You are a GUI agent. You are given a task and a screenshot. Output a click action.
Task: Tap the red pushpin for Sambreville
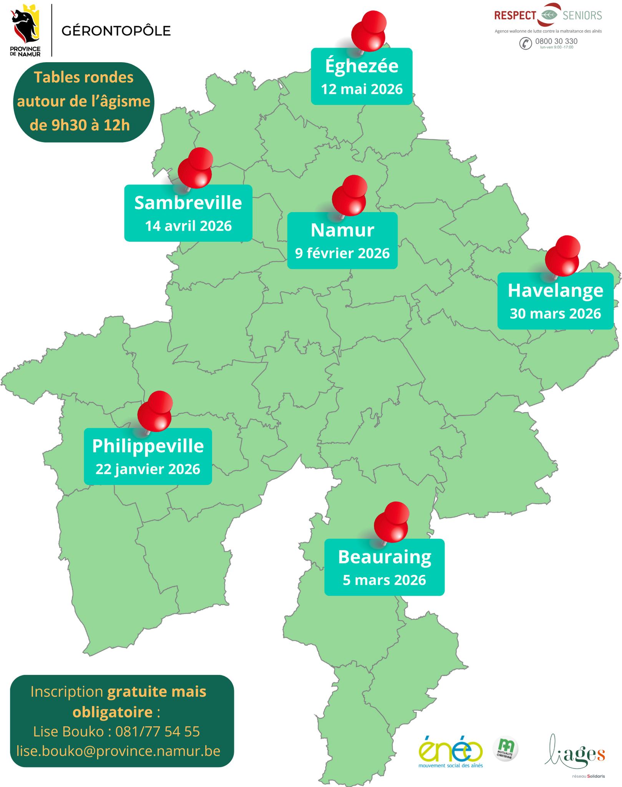pyautogui.click(x=195, y=169)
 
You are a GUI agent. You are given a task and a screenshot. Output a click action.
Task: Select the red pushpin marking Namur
pyautogui.click(x=349, y=196)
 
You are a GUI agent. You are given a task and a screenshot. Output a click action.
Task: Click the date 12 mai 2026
pyautogui.click(x=362, y=90)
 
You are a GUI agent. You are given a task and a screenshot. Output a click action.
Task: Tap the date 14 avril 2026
pyautogui.click(x=188, y=226)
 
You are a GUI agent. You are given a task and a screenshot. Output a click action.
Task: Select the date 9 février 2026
pyautogui.click(x=342, y=254)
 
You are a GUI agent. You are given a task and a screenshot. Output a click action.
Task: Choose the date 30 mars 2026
pyautogui.click(x=555, y=314)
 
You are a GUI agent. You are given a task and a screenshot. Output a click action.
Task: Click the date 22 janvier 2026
pyautogui.click(x=148, y=469)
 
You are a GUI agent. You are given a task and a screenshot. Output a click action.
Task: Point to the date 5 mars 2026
pyautogui.click(x=384, y=580)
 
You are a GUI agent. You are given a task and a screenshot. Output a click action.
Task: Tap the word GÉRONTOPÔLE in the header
pyautogui.click(x=116, y=31)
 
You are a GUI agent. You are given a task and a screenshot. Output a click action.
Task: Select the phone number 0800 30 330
pyautogui.click(x=556, y=41)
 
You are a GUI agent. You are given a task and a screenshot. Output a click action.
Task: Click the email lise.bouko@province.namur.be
pyautogui.click(x=118, y=751)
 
